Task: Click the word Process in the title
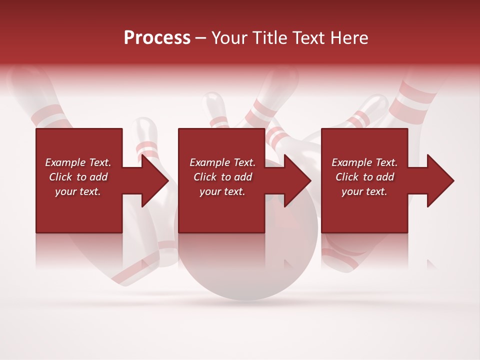coord(157,38)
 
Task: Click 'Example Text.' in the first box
coord(78,162)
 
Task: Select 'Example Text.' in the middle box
coord(222,162)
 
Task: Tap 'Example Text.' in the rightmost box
coord(364,162)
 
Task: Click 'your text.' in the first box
coord(78,191)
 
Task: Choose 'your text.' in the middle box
coord(222,191)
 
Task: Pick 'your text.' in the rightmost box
coord(364,191)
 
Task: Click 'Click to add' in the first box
coord(78,177)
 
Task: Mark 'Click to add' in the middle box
coord(222,177)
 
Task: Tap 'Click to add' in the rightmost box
coord(364,177)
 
